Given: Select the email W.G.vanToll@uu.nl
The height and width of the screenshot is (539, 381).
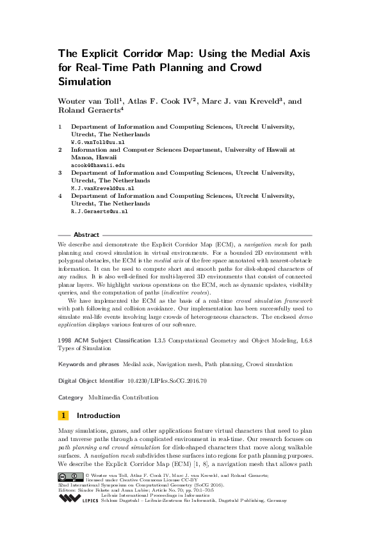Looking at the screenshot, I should pyautogui.click(x=97, y=142).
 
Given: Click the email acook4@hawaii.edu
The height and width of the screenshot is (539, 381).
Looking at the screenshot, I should pyautogui.click(x=97, y=165).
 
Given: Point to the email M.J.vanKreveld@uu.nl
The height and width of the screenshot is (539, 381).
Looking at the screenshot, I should pyautogui.click(x=102, y=188).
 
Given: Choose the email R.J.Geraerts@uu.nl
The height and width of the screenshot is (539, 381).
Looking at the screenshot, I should pyautogui.click(x=99, y=211).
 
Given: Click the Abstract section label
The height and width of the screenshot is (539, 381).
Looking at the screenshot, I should pyautogui.click(x=86, y=235).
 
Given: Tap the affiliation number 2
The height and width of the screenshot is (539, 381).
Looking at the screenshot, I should pyautogui.click(x=60, y=150).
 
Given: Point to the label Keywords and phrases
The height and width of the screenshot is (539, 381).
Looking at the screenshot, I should pyautogui.click(x=88, y=364).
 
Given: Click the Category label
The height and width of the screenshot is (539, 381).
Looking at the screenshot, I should pyautogui.click(x=70, y=397).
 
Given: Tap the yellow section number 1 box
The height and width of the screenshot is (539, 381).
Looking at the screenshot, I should pyautogui.click(x=63, y=415).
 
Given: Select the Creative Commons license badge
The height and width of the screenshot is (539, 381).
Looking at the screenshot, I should pyautogui.click(x=70, y=477).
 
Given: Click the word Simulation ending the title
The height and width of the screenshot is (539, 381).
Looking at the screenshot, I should pyautogui.click(x=85, y=81).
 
